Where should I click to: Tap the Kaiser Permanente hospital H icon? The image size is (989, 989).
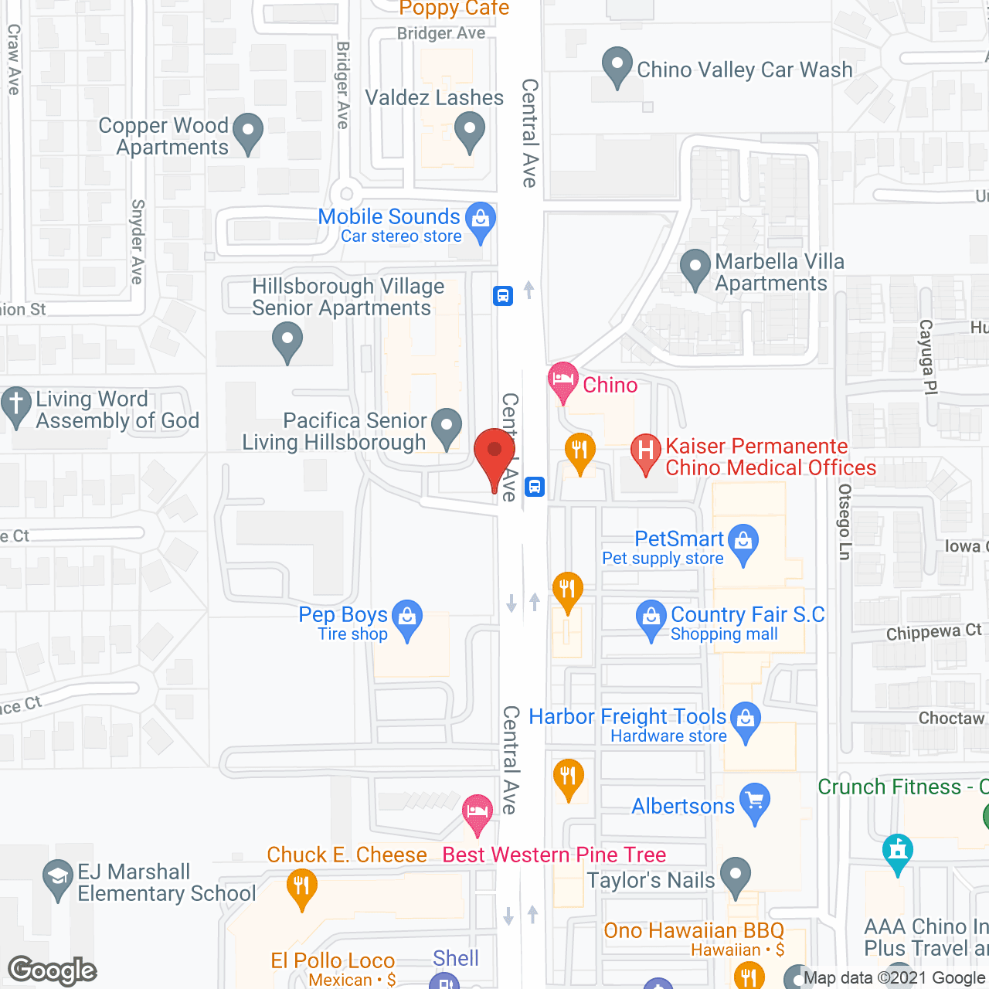point(645,452)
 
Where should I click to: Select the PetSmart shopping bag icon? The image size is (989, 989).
point(743,541)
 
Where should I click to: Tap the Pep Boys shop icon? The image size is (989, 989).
point(407,618)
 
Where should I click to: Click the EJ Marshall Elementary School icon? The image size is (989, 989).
point(57,878)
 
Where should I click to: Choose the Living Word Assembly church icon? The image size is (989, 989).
point(16,405)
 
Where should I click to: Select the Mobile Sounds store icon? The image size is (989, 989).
point(481,220)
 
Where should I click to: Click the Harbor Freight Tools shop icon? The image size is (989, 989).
point(746,719)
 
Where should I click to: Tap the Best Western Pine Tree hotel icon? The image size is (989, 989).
point(478,812)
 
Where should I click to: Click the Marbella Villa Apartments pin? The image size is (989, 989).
point(695,267)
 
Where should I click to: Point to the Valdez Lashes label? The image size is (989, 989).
point(434,98)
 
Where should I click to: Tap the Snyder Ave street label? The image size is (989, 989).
point(138,242)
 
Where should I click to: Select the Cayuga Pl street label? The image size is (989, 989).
point(927,357)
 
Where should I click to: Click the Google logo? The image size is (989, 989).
point(53,970)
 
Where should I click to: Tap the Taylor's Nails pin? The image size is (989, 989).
point(735,876)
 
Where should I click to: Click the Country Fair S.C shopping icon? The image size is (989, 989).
point(651,619)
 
